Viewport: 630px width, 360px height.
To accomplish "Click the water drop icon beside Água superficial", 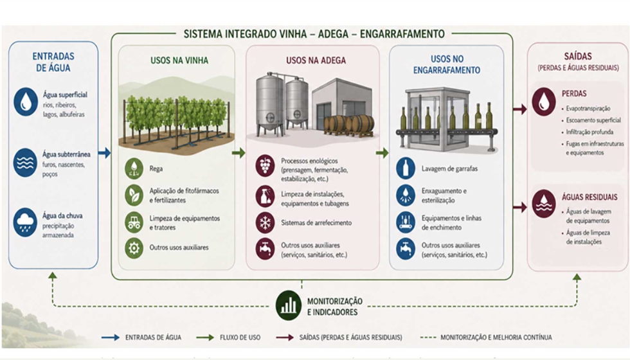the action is tap(26, 102).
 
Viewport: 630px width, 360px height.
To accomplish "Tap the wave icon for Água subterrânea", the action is tap(25, 162).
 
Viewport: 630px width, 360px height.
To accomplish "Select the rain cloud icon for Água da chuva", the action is tap(25, 222).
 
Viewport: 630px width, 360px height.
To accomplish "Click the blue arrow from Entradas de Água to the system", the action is tap(104, 153).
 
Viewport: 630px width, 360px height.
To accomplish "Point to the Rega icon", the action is tap(134, 168).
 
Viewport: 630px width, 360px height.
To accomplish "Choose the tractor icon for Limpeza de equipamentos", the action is tap(134, 222).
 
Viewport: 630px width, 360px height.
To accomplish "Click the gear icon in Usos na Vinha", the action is tap(134, 248).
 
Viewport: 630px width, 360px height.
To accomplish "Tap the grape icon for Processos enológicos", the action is tap(265, 166).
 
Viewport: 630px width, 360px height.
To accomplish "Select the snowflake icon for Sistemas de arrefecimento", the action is tap(265, 222).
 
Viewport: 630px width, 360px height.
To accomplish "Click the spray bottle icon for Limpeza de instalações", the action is tap(265, 196).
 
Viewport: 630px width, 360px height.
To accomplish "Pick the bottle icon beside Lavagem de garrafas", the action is tap(406, 168).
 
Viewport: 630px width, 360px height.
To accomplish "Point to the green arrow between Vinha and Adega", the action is tap(239, 153).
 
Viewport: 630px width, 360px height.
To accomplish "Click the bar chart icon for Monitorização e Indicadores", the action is tap(289, 305).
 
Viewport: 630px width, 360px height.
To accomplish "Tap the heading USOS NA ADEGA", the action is tap(316, 60).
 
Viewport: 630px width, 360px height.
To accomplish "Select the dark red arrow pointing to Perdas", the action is tap(520, 109).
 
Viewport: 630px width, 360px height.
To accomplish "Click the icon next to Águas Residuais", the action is tap(544, 203).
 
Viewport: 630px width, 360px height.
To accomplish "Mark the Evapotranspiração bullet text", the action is tap(588, 109).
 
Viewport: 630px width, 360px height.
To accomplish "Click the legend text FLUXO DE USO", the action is tap(240, 337).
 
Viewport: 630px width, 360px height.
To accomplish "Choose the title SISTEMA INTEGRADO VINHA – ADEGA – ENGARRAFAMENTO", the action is tap(314, 33).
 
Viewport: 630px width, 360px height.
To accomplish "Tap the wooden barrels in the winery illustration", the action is tap(349, 125).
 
